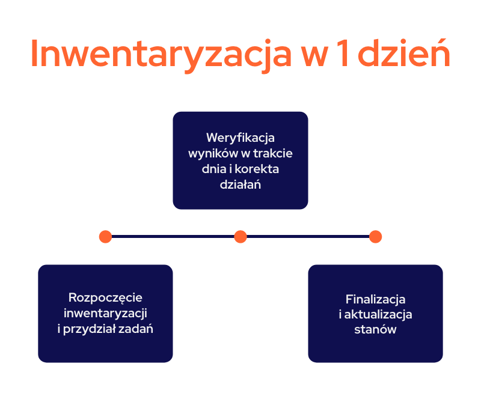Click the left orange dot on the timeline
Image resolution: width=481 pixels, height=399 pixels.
[105, 236]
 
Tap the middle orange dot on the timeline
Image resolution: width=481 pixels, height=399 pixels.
[240, 236]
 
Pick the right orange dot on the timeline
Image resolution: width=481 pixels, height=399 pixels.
[375, 236]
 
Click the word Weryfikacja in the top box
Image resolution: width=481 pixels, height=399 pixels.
[240, 137]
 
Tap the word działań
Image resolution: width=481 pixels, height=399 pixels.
[240, 184]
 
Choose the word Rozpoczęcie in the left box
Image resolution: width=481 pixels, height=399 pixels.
[105, 297]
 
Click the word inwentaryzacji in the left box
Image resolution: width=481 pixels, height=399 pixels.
[105, 313]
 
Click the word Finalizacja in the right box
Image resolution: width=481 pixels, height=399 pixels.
[375, 299]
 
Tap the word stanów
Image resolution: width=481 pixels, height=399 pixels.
[375, 330]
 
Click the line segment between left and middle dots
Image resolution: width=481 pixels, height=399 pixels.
[173, 236]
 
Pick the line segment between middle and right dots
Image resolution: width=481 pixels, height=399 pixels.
[308, 236]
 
